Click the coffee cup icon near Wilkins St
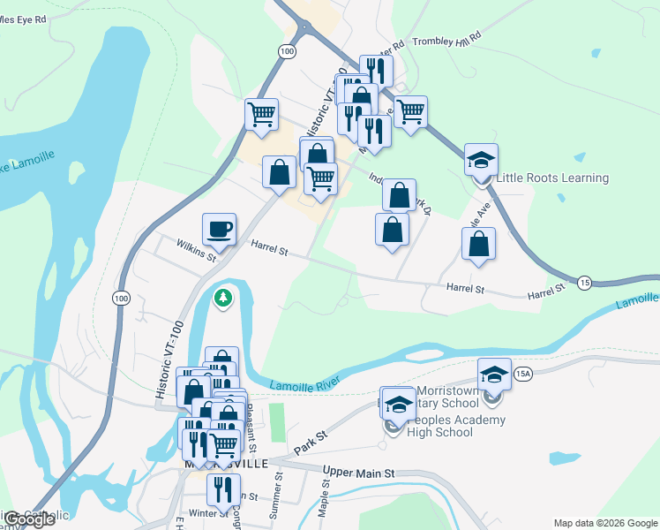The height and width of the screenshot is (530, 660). tap(220, 230)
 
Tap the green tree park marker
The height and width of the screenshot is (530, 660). tap(224, 299)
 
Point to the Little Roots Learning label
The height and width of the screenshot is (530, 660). tap(552, 178)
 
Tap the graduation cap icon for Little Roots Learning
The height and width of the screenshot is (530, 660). tap(481, 160)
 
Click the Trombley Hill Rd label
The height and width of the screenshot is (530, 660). tap(447, 40)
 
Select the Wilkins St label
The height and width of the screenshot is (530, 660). tap(195, 250)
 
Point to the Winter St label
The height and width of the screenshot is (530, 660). tap(208, 512)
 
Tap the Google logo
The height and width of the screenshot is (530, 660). tap(28, 519)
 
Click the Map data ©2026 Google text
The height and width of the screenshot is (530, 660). tap(604, 522)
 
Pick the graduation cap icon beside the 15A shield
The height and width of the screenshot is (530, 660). tap(495, 374)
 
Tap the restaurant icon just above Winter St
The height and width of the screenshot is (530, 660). tap(223, 488)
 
